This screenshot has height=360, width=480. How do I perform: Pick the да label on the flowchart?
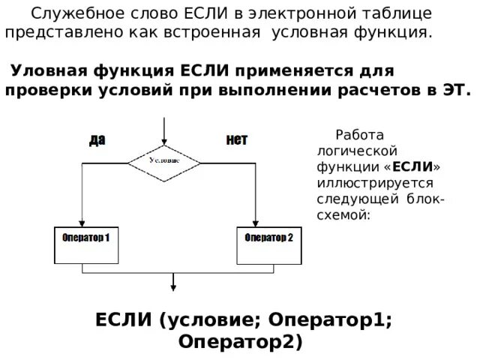[97, 139]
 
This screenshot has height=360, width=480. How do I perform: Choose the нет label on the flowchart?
[236, 139]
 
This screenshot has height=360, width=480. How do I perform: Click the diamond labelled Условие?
[163, 160]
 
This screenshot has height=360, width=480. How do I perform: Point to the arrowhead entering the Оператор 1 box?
[81, 222]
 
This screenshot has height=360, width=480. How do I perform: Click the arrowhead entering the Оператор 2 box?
[256, 222]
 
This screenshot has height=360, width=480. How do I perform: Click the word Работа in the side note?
[359, 136]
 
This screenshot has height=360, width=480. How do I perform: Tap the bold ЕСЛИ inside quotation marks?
[411, 166]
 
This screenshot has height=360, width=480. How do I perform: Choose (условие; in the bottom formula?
[207, 319]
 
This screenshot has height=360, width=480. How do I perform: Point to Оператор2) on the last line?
[240, 342]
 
